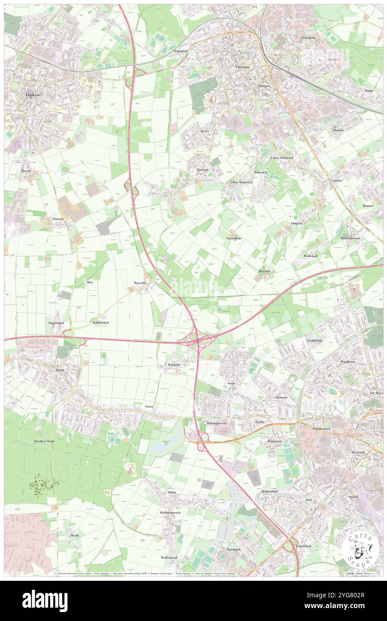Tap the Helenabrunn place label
pos(353,238)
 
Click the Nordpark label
pos(234,549)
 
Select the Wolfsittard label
pos(170,558)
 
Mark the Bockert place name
pos(203,170)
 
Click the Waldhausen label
pos(321,428)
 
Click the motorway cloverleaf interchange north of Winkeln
pos(197,340)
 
